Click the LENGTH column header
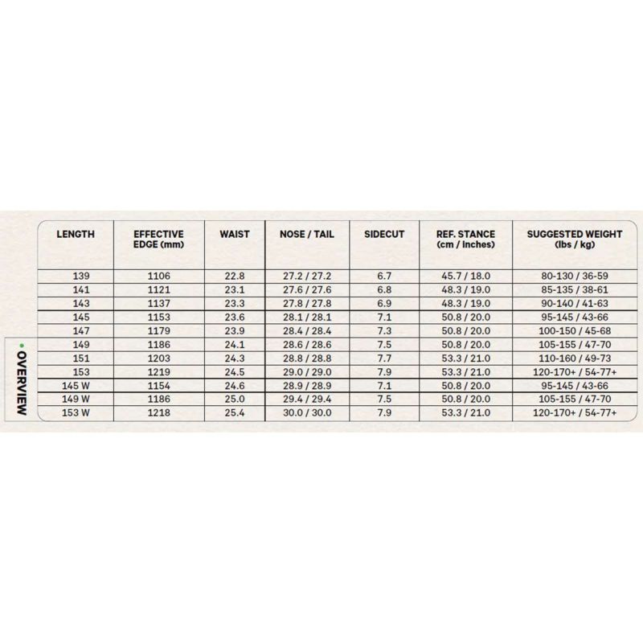pyautogui.click(x=76, y=235)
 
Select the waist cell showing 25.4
pyautogui.click(x=234, y=412)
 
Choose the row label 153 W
pyautogui.click(x=76, y=412)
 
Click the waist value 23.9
pyautogui.click(x=234, y=330)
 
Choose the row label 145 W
pyautogui.click(x=76, y=385)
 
